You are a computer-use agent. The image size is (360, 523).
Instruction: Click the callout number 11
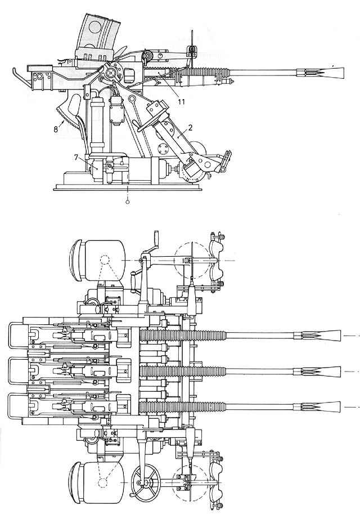coord(181,101)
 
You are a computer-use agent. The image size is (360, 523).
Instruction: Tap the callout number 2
coord(191,127)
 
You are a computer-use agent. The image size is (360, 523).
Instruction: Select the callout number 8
coord(56,129)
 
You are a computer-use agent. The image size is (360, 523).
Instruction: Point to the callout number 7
coord(76,157)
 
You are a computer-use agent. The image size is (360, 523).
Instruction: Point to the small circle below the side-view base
coord(127,202)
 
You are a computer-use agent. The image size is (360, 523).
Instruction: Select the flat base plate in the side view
coord(128,188)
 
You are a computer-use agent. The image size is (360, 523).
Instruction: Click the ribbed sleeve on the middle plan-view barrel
coord(183,372)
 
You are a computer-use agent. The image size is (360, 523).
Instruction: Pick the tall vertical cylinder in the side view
coord(97,124)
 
